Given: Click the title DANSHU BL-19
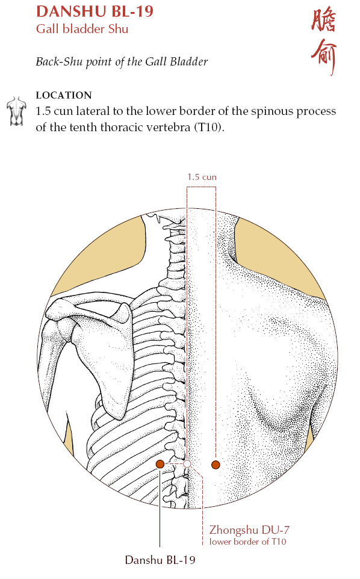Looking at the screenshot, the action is tap(95, 11).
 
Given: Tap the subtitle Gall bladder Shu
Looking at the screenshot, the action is tap(82, 29).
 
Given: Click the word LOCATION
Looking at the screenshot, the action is tap(63, 95).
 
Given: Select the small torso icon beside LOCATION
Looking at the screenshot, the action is tap(17, 111).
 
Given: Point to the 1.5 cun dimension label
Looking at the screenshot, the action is tap(202, 177).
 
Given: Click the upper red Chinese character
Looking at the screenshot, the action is tap(324, 20).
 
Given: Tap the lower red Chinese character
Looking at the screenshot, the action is tap(324, 57).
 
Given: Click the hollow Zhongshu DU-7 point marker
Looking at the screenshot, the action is tap(187, 464).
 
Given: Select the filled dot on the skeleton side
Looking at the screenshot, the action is tap(160, 464).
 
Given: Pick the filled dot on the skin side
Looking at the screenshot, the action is tap(216, 465).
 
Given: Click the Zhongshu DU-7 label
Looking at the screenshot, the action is tap(249, 530).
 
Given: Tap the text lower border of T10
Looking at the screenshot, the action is tap(247, 542).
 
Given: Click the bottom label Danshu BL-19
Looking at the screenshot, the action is tap(160, 560).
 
